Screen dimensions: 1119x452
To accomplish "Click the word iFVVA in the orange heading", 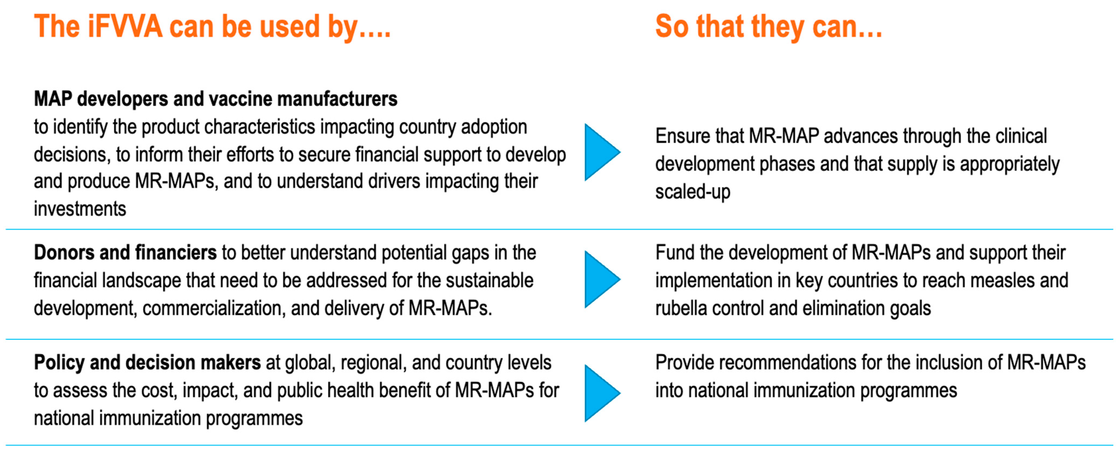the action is click(125, 26).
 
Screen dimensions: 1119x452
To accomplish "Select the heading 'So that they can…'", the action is click(769, 27).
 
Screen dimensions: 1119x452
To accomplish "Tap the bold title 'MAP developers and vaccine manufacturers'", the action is click(215, 99).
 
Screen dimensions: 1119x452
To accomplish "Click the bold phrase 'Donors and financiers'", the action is click(125, 252).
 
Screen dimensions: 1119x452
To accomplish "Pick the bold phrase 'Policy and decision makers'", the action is click(147, 363).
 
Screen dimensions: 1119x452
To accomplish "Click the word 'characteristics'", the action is click(259, 127).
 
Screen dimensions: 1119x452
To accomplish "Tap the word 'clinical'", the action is click(1021, 136).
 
